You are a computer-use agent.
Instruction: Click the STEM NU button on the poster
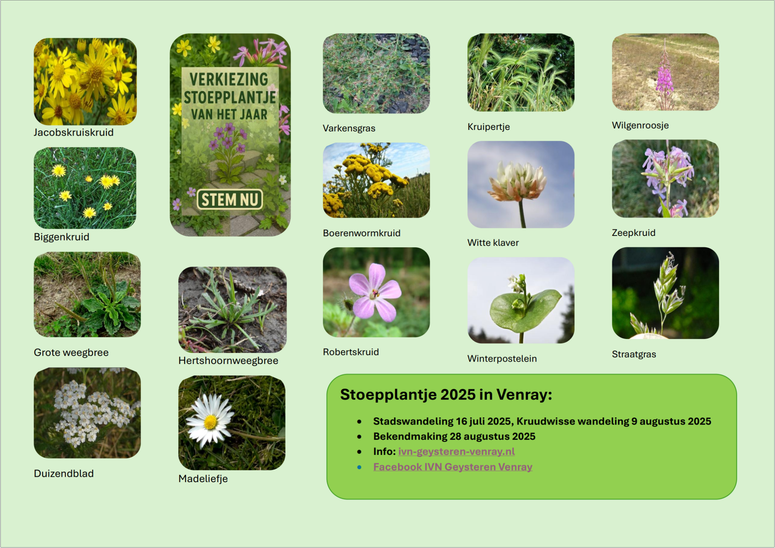(x=230, y=199)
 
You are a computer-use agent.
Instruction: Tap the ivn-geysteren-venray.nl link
(x=456, y=451)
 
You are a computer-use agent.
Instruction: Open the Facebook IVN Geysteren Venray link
(x=453, y=467)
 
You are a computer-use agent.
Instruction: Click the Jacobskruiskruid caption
(x=73, y=133)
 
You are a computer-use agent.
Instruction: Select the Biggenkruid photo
(x=85, y=188)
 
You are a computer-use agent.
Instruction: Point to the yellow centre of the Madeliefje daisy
(x=210, y=422)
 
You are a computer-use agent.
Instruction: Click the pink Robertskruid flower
(x=374, y=292)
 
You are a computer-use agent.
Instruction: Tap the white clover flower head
(x=517, y=181)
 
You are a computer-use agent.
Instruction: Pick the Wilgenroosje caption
(x=640, y=125)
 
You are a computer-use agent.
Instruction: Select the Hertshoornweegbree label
(x=228, y=361)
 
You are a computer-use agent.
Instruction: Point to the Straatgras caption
(x=634, y=354)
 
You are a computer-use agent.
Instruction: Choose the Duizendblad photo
(x=87, y=413)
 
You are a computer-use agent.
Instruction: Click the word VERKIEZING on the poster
(x=229, y=80)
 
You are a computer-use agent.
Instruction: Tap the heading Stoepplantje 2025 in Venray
(x=446, y=395)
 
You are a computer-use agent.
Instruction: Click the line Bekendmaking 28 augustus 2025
(x=454, y=436)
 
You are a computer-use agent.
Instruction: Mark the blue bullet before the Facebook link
(x=359, y=467)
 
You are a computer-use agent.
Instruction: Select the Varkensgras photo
(x=376, y=73)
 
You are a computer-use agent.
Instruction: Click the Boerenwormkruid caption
(x=361, y=233)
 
